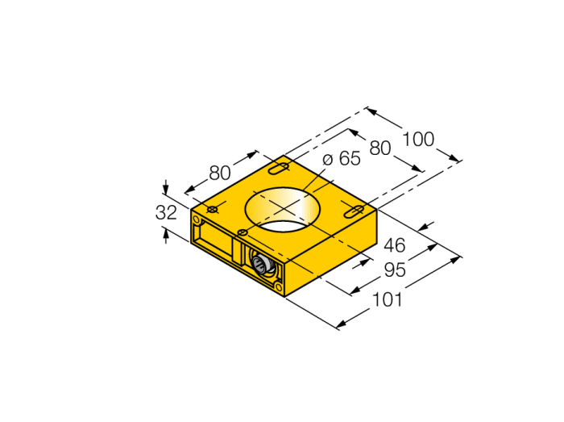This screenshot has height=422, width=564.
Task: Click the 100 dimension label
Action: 418,140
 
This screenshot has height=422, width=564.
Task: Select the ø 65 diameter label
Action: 342,158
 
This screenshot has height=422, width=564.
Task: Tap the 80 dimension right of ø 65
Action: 380,148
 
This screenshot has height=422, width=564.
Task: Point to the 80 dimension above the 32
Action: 220,173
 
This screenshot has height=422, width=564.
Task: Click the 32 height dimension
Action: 166,212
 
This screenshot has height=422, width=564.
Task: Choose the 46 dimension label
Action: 395,245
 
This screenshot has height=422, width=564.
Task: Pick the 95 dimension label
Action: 395,269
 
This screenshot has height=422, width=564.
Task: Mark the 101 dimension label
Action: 387,299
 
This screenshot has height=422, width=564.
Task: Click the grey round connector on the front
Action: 259,265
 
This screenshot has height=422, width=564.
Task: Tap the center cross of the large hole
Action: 284,208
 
